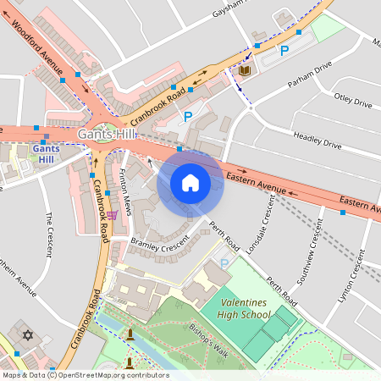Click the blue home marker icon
[x=190, y=183]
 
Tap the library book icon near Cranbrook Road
[x=245, y=69]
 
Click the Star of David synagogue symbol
[x=26, y=334]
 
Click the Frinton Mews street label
[x=125, y=191]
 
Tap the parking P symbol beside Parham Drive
[x=284, y=52]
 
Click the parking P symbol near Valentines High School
[x=224, y=263]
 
